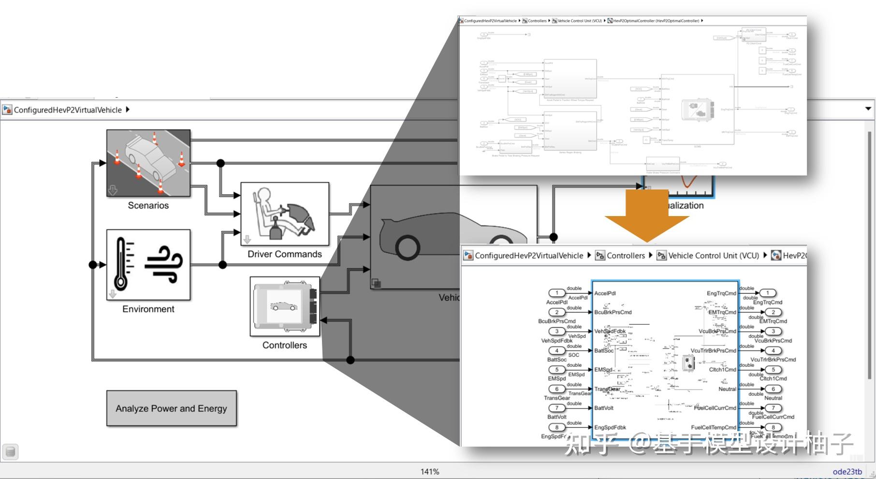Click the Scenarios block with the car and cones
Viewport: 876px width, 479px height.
point(148,163)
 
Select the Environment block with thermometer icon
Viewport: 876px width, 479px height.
point(148,265)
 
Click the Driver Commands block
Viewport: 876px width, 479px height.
point(285,214)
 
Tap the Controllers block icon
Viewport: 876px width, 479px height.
point(285,306)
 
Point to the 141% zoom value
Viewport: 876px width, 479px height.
point(430,472)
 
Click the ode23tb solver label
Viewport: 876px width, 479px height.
point(847,472)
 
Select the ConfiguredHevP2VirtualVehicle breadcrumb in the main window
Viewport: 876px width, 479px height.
point(68,110)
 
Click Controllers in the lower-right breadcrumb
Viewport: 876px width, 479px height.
point(626,256)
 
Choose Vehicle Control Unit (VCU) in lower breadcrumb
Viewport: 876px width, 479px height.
point(713,256)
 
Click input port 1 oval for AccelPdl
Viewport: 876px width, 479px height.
point(556,293)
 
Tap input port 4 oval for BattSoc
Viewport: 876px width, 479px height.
point(556,350)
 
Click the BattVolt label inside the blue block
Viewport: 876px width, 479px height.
point(604,408)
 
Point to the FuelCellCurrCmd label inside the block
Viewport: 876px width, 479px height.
point(715,408)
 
